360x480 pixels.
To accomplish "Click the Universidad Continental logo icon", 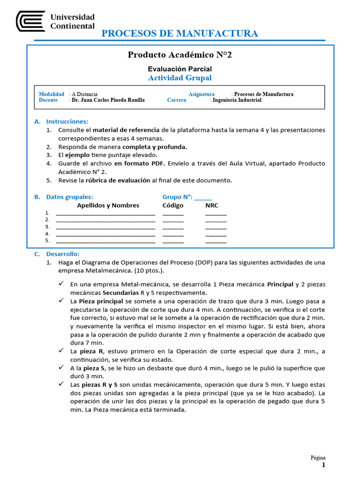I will coord(31,21).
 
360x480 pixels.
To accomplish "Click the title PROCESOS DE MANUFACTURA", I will coord(180,33).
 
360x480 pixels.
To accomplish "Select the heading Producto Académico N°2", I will coord(180,55).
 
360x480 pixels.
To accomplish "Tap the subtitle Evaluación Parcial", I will coord(180,69).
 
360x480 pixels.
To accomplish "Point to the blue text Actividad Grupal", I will coord(180,78).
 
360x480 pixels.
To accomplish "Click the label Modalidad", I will coord(52,94).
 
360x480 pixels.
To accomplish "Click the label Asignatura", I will coord(202,94).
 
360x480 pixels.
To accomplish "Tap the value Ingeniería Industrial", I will coord(237,100).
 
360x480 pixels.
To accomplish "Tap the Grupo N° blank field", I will coord(202,197).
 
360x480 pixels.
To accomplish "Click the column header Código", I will coord(173,205).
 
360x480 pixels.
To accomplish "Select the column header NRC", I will coord(212,205).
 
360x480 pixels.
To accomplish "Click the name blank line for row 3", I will coord(105,227).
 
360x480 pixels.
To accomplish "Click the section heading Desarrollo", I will coord(63,254).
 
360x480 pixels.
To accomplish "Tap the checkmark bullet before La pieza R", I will coord(61,351).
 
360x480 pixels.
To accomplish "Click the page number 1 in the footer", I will coord(323,465).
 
